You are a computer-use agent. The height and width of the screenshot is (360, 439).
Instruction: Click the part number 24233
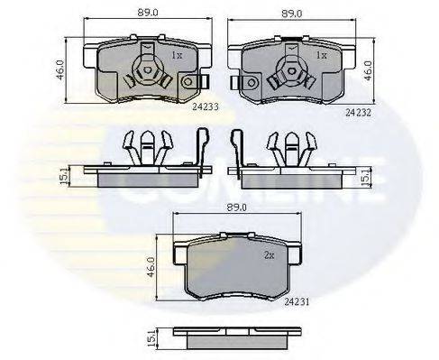pyautogui.click(x=206, y=106)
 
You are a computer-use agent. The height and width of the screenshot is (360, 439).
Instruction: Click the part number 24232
pyautogui.click(x=359, y=113)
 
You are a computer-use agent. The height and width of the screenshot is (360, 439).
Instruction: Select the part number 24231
pyautogui.click(x=297, y=302)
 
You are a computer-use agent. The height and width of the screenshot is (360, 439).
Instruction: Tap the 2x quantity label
pyautogui.click(x=270, y=255)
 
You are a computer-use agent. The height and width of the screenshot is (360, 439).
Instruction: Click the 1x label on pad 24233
pyautogui.click(x=177, y=55)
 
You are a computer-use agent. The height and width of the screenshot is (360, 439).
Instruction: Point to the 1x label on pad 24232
pyautogui.click(x=322, y=55)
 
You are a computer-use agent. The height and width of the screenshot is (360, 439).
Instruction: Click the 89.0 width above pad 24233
pyautogui.click(x=148, y=13)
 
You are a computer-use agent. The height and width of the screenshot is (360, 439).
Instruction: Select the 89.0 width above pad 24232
pyautogui.click(x=292, y=14)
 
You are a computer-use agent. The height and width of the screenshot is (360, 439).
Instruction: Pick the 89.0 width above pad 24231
pyautogui.click(x=237, y=208)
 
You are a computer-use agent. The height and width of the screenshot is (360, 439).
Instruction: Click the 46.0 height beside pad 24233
pyautogui.click(x=60, y=69)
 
